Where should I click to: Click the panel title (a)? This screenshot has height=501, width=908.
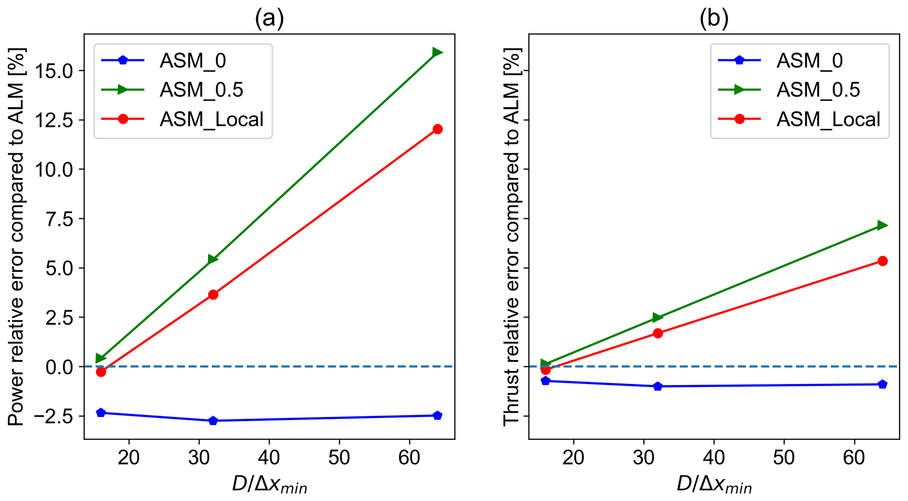tap(269, 18)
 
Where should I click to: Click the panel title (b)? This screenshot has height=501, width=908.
tap(714, 18)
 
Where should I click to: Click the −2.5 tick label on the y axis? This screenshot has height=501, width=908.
tap(50, 416)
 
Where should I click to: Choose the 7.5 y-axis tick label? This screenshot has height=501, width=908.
tap(60, 219)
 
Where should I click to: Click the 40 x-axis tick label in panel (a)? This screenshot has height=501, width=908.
tap(269, 458)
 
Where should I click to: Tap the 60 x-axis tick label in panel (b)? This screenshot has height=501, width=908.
tap(854, 458)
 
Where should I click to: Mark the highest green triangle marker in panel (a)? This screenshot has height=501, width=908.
tap(437, 53)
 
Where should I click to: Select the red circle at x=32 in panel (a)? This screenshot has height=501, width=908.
tap(213, 294)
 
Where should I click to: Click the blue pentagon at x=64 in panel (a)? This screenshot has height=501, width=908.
tap(437, 415)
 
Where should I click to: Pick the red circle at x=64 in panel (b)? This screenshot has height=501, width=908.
tap(882, 261)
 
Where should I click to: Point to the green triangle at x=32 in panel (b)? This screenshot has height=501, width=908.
tap(657, 317)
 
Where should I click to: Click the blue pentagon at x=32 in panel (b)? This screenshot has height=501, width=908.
tap(658, 386)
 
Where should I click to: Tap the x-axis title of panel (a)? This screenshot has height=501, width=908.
tap(269, 485)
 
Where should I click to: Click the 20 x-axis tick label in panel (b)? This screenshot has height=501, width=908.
tap(573, 458)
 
